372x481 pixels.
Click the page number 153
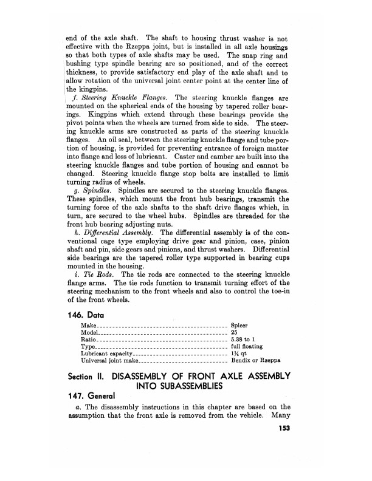tap(280, 429)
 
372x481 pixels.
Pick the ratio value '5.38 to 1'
tap(245, 341)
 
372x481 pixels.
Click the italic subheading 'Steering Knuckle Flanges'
tap(125, 98)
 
